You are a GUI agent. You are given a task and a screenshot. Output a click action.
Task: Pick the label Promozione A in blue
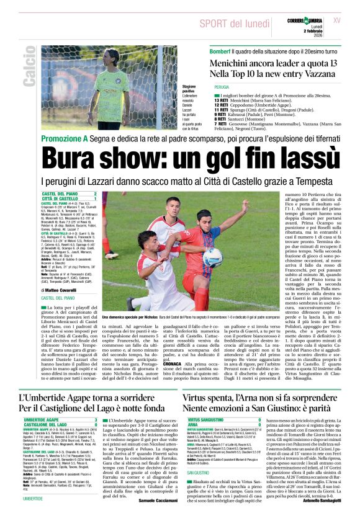point(63,138)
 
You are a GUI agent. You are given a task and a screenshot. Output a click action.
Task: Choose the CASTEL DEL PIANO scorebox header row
point(68,194)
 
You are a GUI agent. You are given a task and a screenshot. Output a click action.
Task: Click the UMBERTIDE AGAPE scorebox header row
point(60,419)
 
